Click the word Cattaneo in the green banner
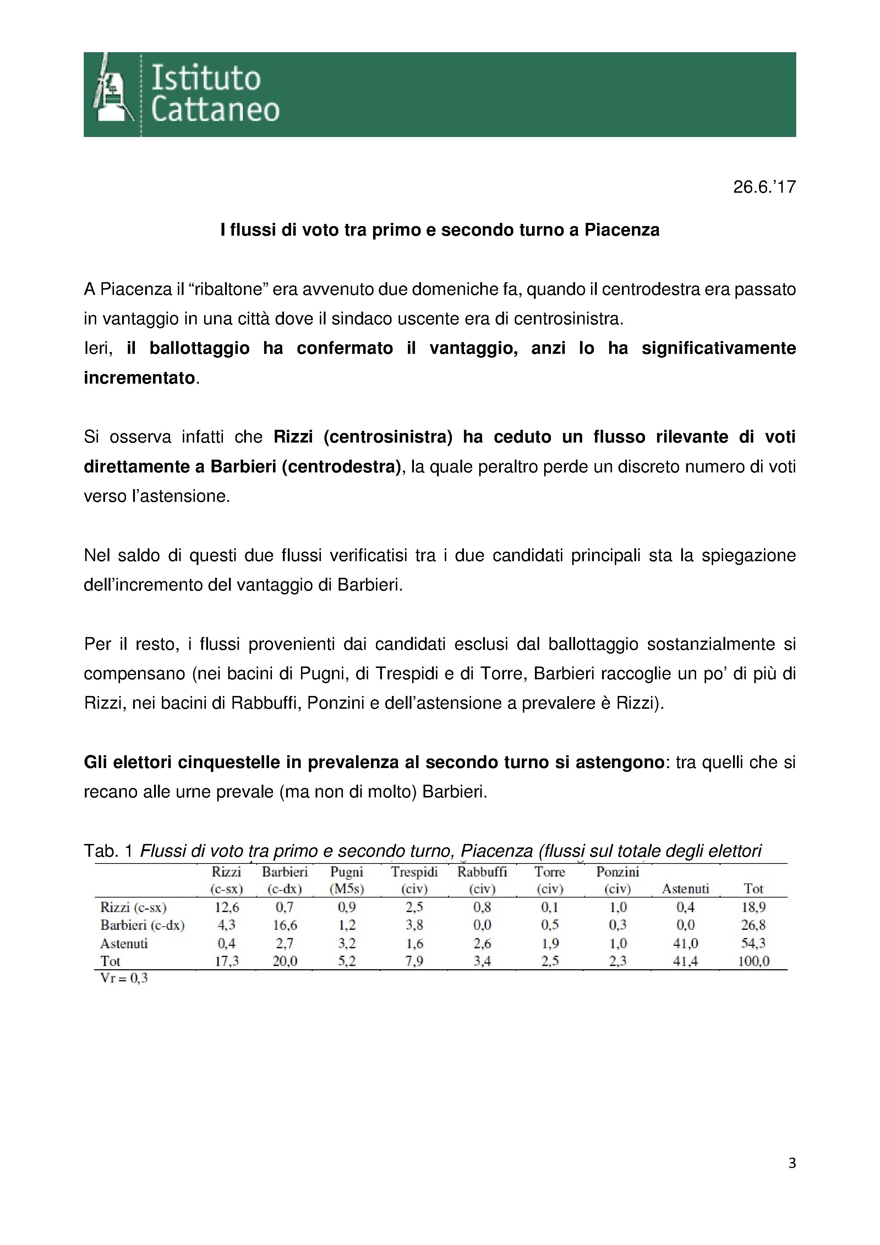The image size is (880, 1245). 215,110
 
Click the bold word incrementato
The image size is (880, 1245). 140,378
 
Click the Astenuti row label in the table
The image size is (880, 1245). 124,944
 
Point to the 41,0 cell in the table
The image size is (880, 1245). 685,944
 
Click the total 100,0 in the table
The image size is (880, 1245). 753,961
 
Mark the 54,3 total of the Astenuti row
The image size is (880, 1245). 753,944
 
